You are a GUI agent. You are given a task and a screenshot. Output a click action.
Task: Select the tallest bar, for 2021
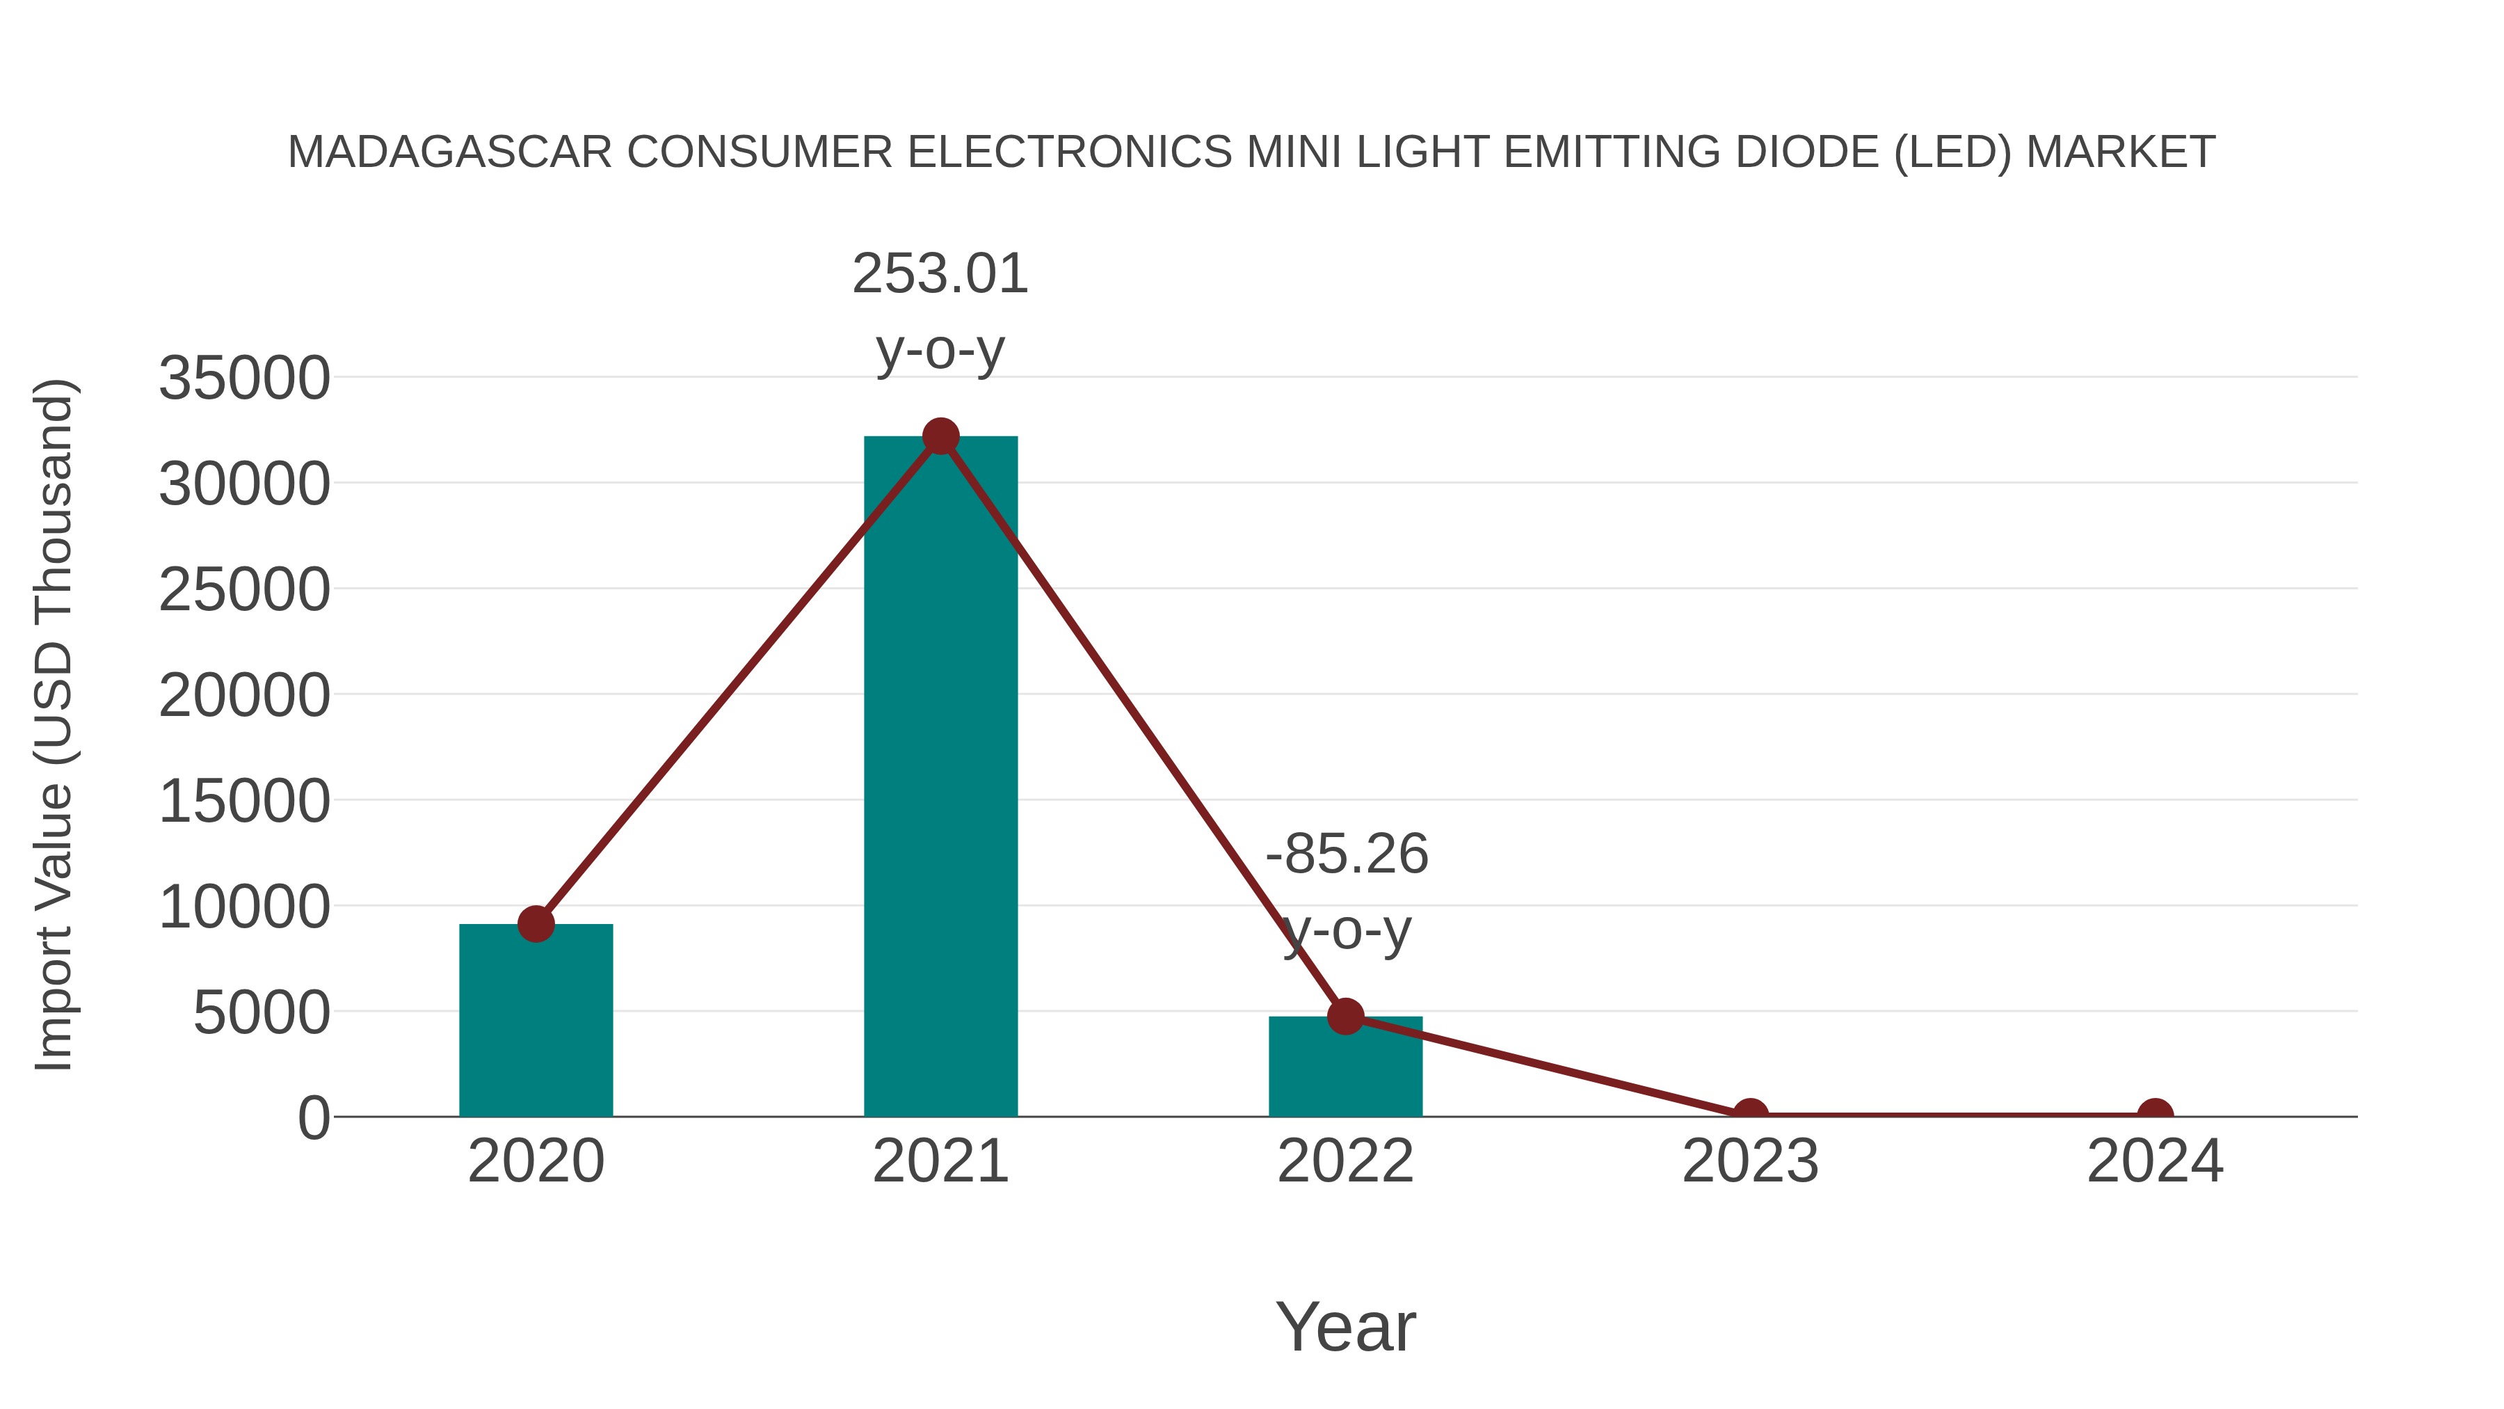pyautogui.click(x=940, y=778)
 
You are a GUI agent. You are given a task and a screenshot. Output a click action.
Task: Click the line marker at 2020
pyautogui.click(x=536, y=924)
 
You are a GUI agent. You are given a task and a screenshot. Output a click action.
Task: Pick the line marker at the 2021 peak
pyautogui.click(x=940, y=436)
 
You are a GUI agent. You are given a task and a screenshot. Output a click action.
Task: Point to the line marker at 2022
pyautogui.click(x=1345, y=1016)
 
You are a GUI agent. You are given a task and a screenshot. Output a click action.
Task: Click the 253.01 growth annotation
pyautogui.click(x=940, y=274)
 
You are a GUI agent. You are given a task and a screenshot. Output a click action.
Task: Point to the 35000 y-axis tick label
pyautogui.click(x=244, y=379)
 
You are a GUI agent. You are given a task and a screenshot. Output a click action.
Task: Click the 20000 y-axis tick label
pyautogui.click(x=244, y=696)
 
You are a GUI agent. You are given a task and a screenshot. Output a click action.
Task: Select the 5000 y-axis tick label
pyautogui.click(x=262, y=1013)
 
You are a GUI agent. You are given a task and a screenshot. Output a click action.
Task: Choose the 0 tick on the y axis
pyautogui.click(x=314, y=1118)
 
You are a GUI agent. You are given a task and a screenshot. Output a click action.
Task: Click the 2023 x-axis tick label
pyautogui.click(x=1750, y=1162)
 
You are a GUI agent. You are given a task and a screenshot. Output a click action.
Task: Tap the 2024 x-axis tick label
pyautogui.click(x=2155, y=1162)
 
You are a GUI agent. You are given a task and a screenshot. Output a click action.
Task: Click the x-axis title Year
pyautogui.click(x=1345, y=1328)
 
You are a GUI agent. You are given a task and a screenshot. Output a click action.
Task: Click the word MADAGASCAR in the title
pyautogui.click(x=450, y=152)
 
